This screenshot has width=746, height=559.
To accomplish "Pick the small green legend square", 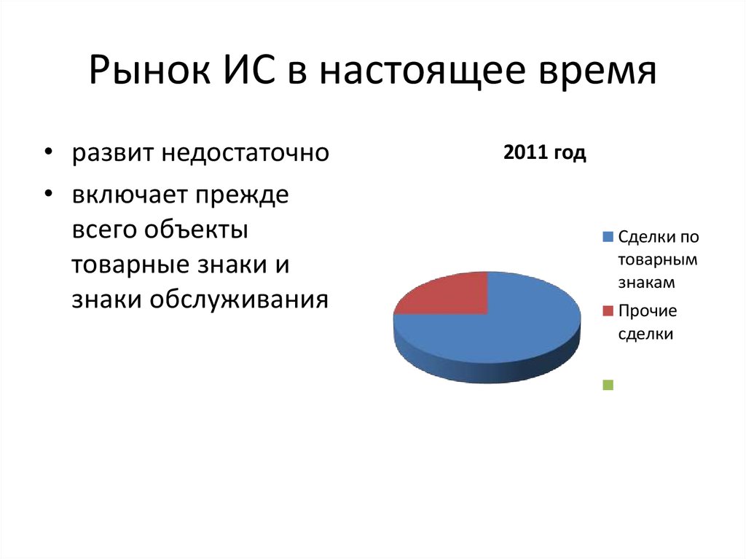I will (608, 385).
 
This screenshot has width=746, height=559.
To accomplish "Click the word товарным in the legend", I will (658, 259).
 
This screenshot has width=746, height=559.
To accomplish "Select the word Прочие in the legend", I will (648, 311).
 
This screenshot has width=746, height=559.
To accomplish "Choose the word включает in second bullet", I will (128, 196).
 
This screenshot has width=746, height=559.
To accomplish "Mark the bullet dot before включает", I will (47, 195).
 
